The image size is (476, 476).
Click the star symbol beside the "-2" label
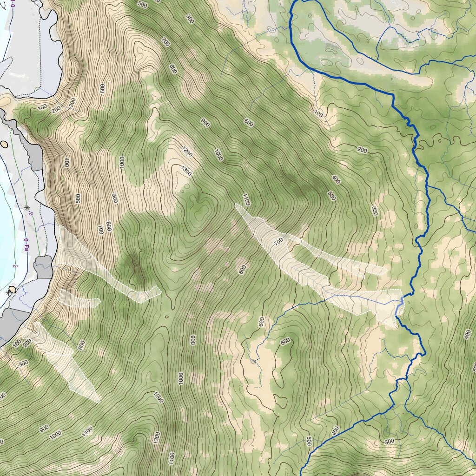pyautogui.click(x=26, y=207)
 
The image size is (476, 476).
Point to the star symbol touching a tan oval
pyautogui.click(x=8, y=293)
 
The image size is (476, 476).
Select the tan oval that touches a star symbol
pyautogui.click(x=13, y=289)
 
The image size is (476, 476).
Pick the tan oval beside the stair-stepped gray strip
pyautogui.click(x=5, y=144)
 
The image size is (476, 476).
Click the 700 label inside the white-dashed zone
pyautogui.click(x=278, y=242)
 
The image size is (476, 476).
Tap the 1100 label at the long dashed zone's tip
pyautogui.click(x=246, y=200)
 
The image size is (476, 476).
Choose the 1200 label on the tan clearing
pyautogui.click(x=187, y=152)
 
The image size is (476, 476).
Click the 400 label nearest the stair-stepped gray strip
pyautogui.click(x=66, y=163)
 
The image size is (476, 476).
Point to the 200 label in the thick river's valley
pyautogui.click(x=362, y=150)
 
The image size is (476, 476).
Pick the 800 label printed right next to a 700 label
pyautogui.click(x=109, y=226)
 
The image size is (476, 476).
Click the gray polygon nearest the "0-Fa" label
pyautogui.click(x=43, y=266)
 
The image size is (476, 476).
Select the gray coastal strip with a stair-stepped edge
pyautogui.click(x=28, y=139)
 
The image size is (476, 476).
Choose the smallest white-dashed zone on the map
pyautogui.click(x=79, y=298)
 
